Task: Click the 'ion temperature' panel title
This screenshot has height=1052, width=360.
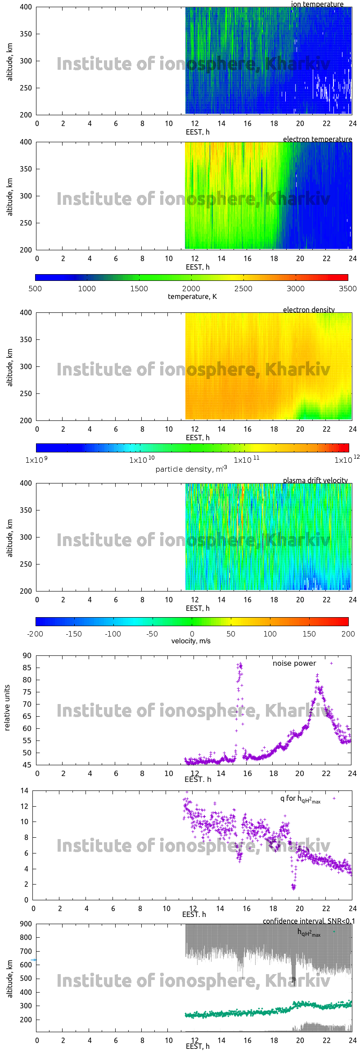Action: (x=317, y=4)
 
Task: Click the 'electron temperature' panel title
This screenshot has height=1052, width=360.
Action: (x=317, y=139)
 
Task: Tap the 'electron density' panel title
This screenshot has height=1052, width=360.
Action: (x=309, y=310)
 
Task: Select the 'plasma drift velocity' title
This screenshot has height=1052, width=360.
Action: (x=315, y=480)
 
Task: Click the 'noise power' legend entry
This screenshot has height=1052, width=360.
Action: (x=294, y=664)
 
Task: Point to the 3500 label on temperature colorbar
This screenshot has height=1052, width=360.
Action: (x=347, y=289)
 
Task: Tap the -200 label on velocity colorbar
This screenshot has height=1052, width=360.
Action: (x=35, y=634)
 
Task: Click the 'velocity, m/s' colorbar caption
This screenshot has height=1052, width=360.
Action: (x=191, y=641)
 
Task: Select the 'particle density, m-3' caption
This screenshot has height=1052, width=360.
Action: (x=191, y=469)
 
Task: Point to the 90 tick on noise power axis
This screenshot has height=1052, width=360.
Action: (x=27, y=656)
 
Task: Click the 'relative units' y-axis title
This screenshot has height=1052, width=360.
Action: (x=7, y=708)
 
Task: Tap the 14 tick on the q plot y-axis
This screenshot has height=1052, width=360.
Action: (x=24, y=791)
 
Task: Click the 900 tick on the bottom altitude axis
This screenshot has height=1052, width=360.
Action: (x=26, y=924)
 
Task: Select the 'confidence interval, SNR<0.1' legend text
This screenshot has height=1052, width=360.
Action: (x=308, y=921)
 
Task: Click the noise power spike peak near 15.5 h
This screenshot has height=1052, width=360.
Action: (x=240, y=664)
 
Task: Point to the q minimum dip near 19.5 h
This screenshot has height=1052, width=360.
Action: (x=293, y=887)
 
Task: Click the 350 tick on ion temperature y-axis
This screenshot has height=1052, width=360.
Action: (x=26, y=34)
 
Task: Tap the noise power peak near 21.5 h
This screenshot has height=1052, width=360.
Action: (x=317, y=675)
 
